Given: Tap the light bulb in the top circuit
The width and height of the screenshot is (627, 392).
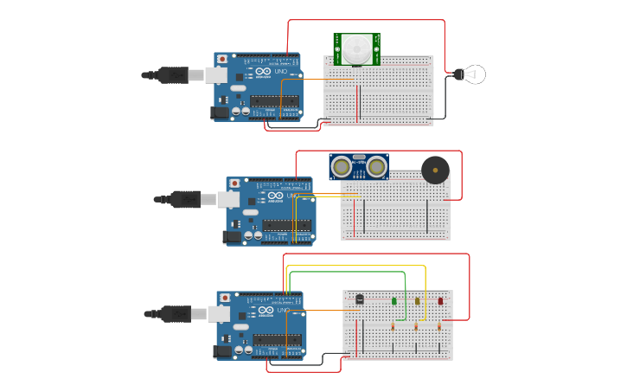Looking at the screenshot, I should point(471,74).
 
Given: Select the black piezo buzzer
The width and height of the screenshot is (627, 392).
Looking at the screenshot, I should point(435,170).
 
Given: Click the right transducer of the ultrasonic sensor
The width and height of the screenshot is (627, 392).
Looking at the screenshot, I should point(376,166).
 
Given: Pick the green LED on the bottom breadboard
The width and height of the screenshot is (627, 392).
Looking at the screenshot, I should point(394,301).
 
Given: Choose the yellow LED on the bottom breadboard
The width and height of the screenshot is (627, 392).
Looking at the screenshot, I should point(417,301).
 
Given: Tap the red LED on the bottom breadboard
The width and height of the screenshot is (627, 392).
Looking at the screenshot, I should point(439,301).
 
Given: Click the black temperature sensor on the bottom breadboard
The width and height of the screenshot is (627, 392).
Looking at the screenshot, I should point(360,299).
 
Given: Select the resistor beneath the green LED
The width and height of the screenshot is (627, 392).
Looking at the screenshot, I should point(393,326).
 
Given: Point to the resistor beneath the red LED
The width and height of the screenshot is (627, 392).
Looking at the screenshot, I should point(438,326).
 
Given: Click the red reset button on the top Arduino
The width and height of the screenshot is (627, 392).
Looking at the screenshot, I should point(222,59).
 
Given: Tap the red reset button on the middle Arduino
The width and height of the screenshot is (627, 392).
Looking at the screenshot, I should point(234,183).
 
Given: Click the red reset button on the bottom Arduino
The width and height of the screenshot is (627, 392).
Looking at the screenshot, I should point(225,299).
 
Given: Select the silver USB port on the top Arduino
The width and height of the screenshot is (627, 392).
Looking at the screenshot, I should point(217,75).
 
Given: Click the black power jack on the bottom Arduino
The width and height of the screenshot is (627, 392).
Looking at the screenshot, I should point(224,350).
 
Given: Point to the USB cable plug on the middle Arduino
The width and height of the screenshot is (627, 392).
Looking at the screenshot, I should point(185,200).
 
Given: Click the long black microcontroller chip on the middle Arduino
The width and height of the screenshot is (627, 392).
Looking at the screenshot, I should point(287,225).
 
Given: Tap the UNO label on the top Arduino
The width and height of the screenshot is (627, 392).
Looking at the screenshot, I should point(281,71).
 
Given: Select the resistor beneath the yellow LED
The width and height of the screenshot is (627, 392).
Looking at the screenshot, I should point(416,326).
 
